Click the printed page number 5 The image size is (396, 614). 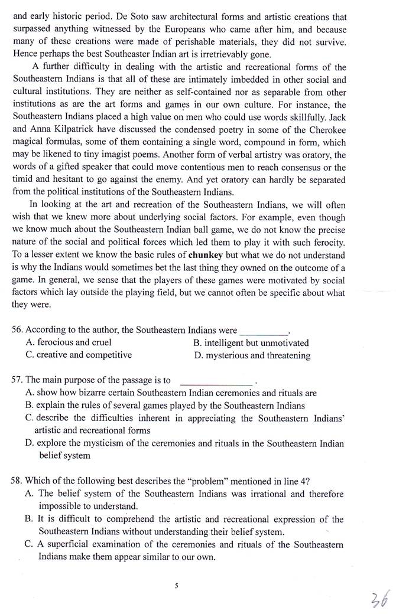pyautogui.click(x=176, y=586)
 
